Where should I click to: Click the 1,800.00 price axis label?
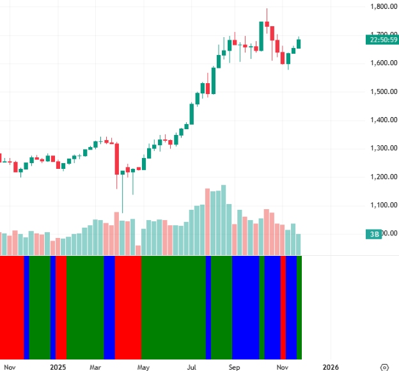click(382, 6)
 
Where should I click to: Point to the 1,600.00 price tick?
click(382, 63)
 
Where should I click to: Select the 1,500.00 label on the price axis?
click(382, 91)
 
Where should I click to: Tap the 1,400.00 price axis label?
click(382, 120)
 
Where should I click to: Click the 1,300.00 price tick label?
click(382, 148)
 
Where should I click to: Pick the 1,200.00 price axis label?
click(382, 177)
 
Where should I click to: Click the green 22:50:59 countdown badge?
click(382, 40)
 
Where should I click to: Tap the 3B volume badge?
click(375, 234)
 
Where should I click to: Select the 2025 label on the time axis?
click(58, 367)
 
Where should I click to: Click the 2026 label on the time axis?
click(330, 367)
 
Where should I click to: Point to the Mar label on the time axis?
click(96, 367)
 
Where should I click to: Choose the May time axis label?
click(143, 367)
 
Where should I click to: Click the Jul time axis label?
click(191, 367)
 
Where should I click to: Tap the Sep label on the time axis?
click(235, 367)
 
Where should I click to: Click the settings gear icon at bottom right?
click(384, 367)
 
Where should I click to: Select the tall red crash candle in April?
click(117, 159)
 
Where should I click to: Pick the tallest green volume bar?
click(223, 220)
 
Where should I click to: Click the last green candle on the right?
click(299, 43)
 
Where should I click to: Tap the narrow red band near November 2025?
click(283, 307)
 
